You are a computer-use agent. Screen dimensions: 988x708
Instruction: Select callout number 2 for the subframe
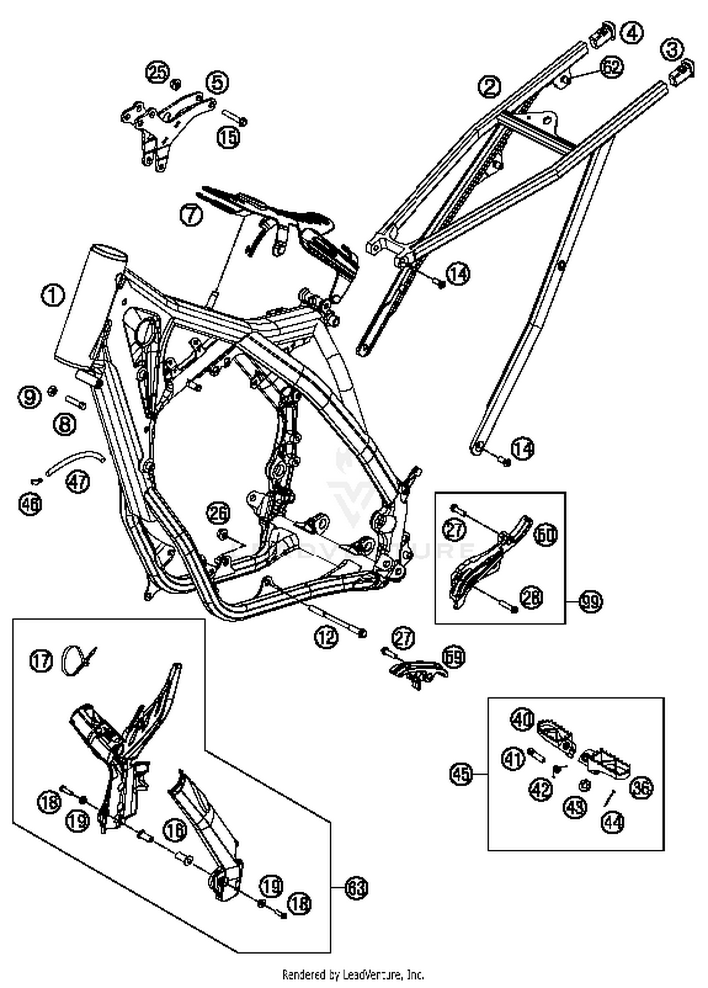click(489, 86)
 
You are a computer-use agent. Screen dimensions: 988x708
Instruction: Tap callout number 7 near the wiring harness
click(191, 215)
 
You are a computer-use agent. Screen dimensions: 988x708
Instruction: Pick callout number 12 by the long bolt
click(327, 637)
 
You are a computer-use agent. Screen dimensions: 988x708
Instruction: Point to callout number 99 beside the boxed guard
click(590, 602)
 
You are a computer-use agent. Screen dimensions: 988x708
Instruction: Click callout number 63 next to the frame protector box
click(356, 888)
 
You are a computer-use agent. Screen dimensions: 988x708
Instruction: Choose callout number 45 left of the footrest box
click(461, 774)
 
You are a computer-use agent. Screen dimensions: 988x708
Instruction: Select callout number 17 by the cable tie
click(42, 660)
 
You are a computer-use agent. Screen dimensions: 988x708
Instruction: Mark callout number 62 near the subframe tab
click(611, 68)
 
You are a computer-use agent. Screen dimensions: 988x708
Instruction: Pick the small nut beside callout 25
click(175, 84)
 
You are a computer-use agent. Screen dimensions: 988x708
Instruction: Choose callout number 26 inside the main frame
click(218, 514)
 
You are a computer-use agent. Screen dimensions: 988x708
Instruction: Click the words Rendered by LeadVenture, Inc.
click(353, 974)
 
